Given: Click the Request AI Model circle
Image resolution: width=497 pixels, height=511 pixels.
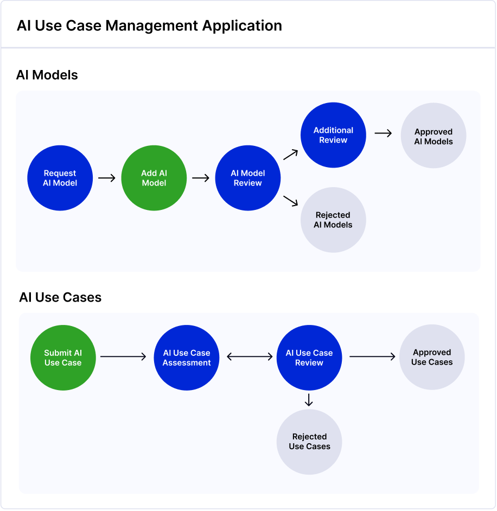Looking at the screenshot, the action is click(60, 178).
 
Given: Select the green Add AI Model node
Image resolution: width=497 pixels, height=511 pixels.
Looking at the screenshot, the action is click(154, 178).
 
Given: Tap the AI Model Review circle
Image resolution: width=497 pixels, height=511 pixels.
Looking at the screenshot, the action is click(247, 178).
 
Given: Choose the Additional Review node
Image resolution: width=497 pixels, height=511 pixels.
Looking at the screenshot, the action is click(333, 135).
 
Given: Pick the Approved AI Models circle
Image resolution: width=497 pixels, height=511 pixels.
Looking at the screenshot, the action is click(434, 136).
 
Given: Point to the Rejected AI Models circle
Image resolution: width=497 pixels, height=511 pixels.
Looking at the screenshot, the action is click(333, 220).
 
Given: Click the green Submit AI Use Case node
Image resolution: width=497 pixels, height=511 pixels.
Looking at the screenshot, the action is click(63, 357).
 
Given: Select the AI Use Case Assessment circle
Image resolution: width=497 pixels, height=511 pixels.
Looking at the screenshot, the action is click(187, 357).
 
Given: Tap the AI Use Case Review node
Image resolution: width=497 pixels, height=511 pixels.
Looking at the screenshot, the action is click(309, 357).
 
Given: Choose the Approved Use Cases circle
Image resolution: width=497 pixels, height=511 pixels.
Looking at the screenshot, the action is click(432, 357).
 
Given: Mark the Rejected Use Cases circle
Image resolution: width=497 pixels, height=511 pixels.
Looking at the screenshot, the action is click(309, 442).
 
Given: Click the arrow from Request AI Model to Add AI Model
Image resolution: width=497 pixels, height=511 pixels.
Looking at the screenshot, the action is click(107, 178).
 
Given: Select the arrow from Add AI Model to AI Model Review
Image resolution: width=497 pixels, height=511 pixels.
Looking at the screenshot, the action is click(201, 178).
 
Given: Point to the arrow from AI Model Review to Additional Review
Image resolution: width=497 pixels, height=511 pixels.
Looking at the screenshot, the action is click(291, 155).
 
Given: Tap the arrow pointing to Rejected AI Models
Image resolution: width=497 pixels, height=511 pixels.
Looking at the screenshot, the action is click(291, 201).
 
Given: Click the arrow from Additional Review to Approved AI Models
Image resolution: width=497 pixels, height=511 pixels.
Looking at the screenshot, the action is click(383, 133).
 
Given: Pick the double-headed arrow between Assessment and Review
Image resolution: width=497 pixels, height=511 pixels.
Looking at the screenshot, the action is click(250, 356).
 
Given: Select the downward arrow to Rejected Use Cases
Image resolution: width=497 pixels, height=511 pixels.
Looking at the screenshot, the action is click(309, 400).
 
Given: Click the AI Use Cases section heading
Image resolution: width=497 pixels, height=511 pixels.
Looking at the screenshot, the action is click(60, 297).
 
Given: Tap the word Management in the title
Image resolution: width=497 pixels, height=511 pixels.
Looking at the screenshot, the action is click(151, 25).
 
